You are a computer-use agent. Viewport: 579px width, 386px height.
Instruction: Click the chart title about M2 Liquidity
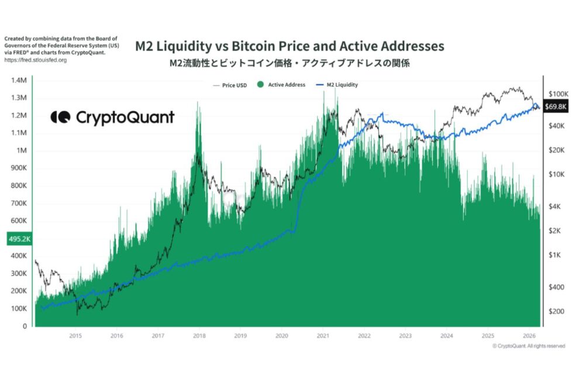289,46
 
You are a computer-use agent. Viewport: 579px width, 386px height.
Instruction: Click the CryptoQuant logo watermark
112,118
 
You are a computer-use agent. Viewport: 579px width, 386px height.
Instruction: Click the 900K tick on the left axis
20,168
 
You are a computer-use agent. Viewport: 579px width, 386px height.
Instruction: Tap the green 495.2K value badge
19,239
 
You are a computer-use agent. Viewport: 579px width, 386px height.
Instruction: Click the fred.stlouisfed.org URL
35,60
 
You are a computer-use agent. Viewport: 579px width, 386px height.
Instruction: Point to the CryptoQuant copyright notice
528,346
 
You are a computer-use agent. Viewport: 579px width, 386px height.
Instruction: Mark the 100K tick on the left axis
20,309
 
